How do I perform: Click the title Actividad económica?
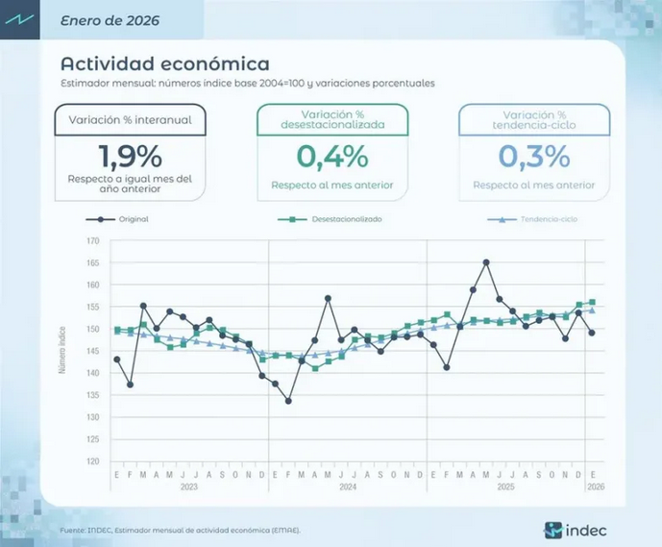click(164, 63)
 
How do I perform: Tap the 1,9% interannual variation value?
click(131, 155)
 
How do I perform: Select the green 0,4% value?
click(332, 155)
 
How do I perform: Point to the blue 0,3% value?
click(533, 155)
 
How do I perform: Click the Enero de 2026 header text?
click(110, 19)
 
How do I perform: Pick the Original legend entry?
click(133, 219)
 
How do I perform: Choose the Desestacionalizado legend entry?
click(347, 219)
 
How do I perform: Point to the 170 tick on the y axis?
click(92, 241)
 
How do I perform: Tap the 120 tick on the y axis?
click(92, 461)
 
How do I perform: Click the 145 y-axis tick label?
click(92, 351)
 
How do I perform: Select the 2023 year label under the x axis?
click(188, 487)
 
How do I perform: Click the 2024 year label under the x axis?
click(347, 487)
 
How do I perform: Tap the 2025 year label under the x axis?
click(506, 487)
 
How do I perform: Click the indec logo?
click(575, 529)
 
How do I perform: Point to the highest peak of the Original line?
click(486, 261)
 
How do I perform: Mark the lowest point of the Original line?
click(288, 401)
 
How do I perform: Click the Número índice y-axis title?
click(64, 351)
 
